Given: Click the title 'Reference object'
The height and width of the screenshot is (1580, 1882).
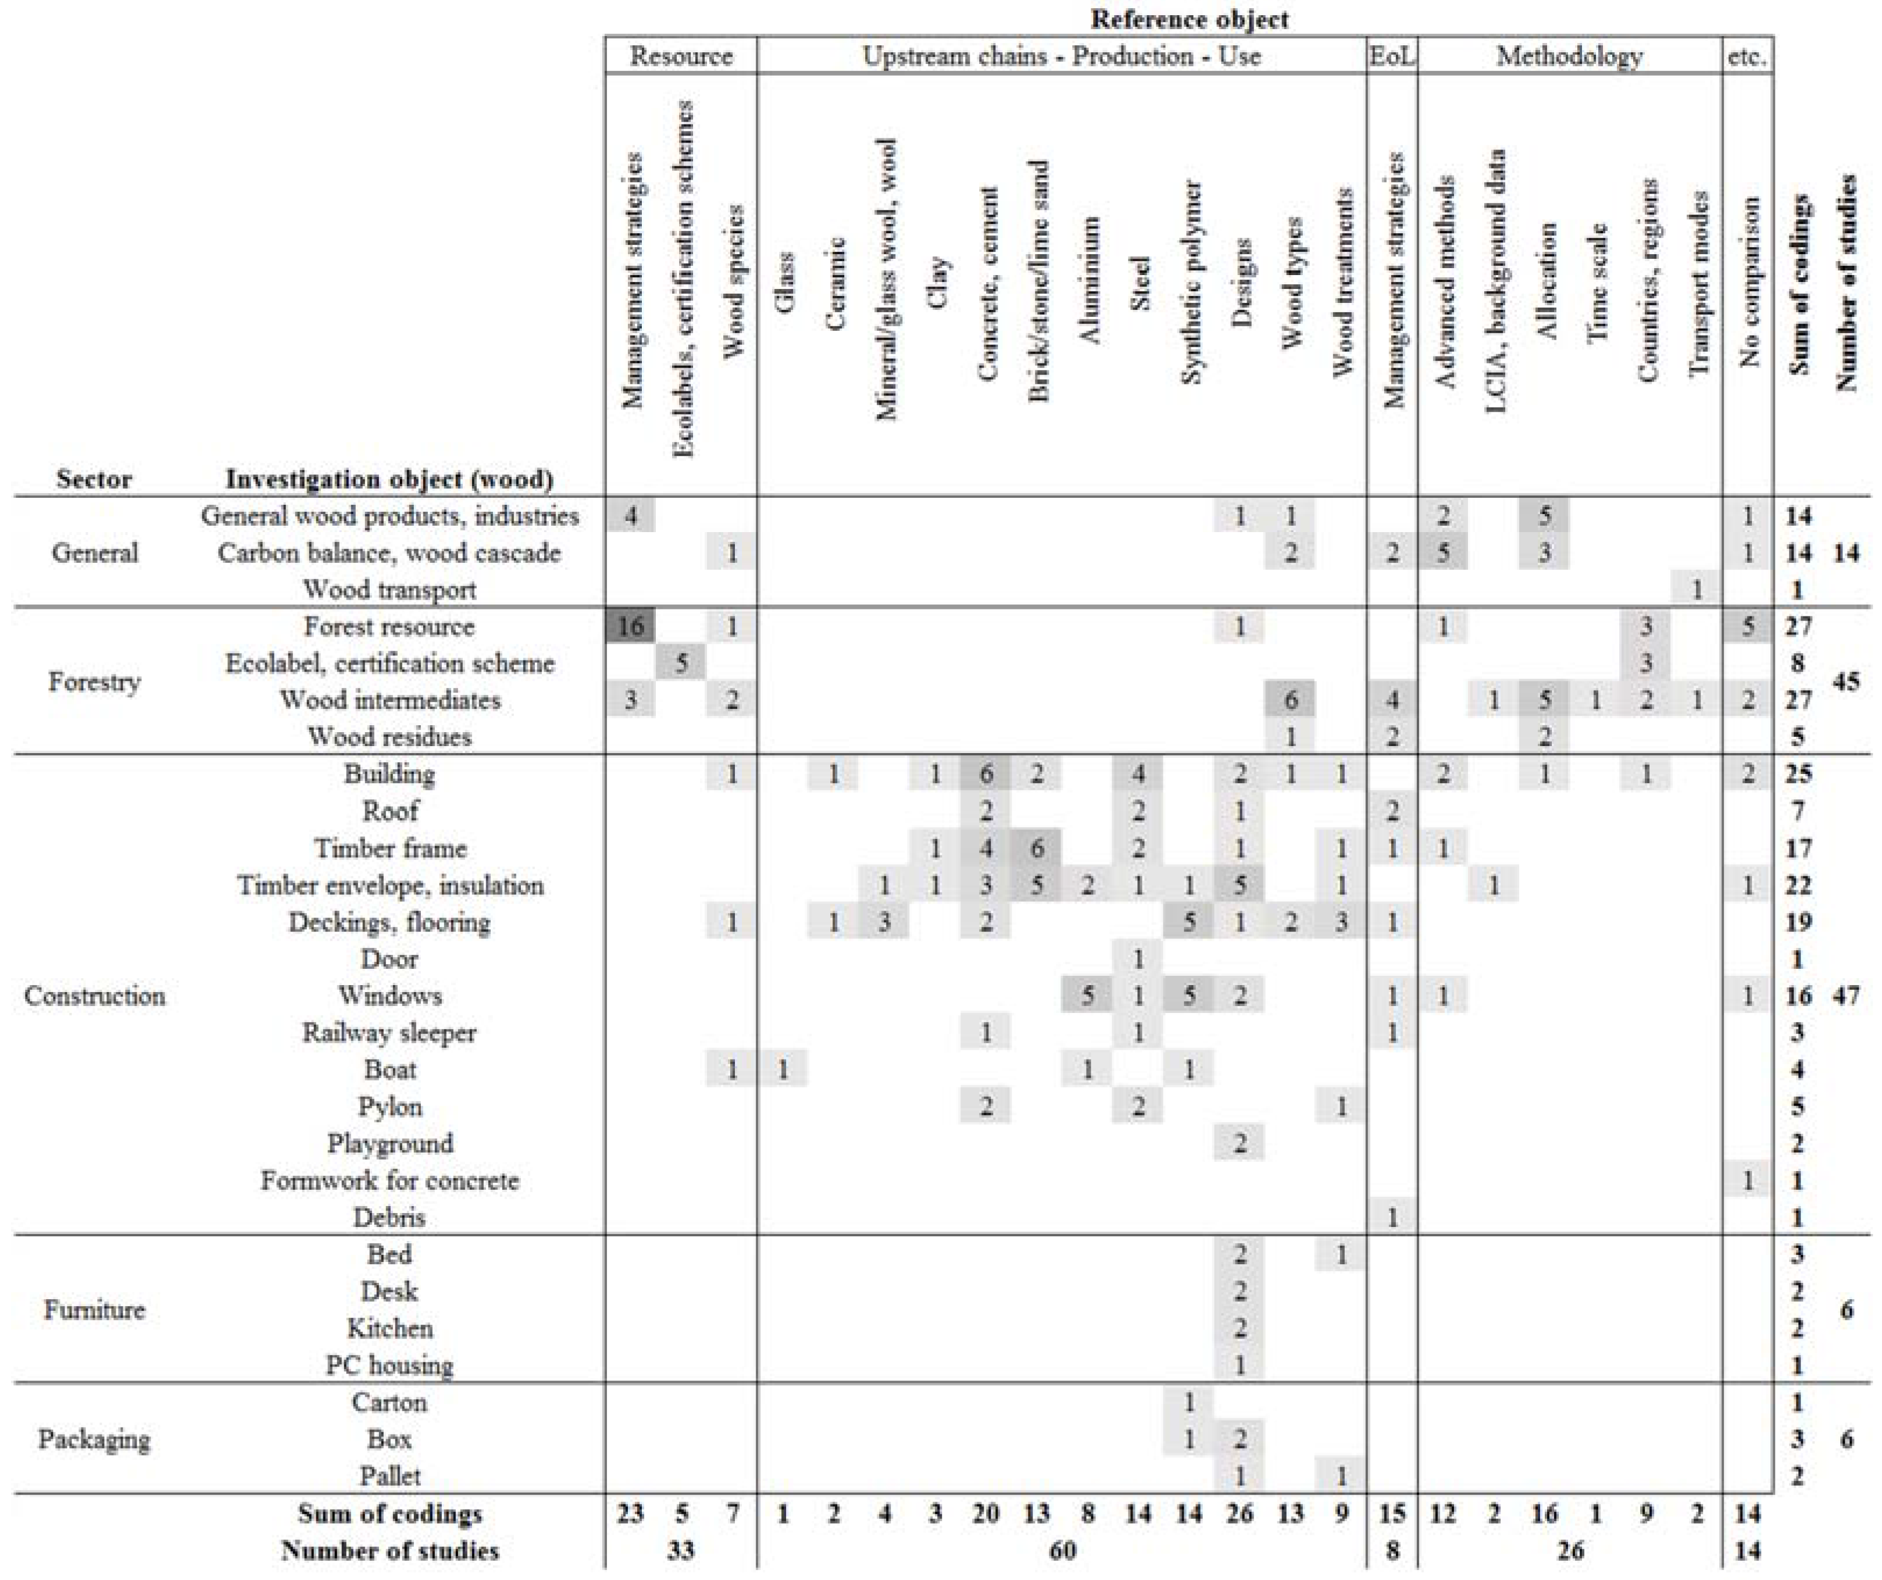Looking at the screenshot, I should tap(1189, 19).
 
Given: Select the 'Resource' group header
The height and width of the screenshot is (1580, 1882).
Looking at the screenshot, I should tap(681, 56).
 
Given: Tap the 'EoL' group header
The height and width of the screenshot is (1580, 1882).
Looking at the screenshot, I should tap(1392, 56).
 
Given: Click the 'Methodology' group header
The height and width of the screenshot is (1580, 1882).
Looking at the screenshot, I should tap(1569, 56).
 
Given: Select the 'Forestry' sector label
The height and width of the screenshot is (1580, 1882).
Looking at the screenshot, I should tap(94, 682).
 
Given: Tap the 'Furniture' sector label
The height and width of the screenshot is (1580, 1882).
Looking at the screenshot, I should tap(94, 1310).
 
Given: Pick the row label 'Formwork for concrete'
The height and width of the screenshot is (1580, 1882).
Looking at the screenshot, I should tap(390, 1180).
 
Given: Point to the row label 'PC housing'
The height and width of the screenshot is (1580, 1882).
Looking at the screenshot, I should tap(390, 1365).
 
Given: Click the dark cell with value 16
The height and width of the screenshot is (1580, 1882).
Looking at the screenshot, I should tap(631, 626).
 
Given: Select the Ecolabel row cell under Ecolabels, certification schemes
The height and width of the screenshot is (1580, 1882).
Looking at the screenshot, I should tap(681, 663).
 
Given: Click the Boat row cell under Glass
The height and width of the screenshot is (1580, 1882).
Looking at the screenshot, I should tap(783, 1069).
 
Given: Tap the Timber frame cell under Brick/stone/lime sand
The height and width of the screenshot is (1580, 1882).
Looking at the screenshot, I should tap(1037, 848).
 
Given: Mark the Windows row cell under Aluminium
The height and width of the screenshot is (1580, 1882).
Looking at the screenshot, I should tap(1087, 996).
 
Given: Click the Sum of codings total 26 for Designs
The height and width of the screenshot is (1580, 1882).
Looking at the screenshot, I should tap(1240, 1514).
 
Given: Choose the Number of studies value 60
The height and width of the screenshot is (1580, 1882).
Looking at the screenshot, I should tap(1062, 1550).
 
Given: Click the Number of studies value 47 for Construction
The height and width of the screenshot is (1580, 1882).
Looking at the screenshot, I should tap(1846, 996).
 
